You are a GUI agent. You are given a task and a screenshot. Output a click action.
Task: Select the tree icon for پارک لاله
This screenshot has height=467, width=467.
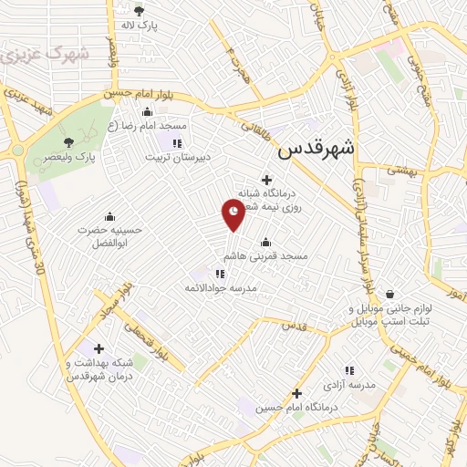[139, 11]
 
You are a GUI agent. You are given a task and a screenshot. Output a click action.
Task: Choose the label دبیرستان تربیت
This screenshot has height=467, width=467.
[178, 157]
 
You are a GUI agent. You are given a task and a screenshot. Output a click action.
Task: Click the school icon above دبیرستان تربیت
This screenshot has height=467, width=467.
[177, 142]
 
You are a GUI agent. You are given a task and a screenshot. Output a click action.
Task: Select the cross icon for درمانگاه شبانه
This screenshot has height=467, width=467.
[266, 179]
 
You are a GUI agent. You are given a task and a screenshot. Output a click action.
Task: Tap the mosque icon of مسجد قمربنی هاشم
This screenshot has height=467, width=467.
[265, 242]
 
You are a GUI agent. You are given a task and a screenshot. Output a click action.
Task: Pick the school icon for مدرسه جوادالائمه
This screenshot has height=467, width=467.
[220, 273]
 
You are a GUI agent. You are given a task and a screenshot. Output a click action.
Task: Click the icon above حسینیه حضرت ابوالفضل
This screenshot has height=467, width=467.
[110, 216]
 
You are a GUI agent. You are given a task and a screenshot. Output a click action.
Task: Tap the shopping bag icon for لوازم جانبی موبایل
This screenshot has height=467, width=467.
[390, 294]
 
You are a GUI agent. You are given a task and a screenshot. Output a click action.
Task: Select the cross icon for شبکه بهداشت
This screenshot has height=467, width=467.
[99, 348]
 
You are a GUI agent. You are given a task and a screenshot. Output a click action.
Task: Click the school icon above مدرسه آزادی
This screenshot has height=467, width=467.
[348, 370]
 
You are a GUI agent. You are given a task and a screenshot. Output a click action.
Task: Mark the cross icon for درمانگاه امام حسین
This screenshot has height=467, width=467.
[296, 393]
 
